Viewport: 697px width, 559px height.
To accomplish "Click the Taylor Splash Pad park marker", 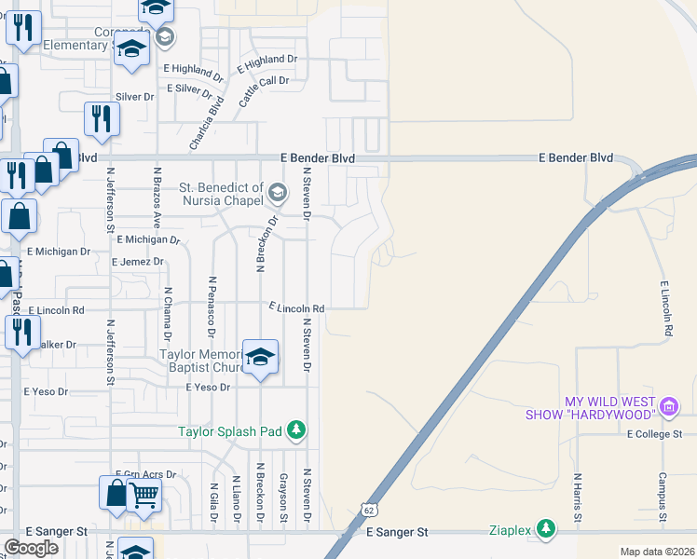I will tap(295, 430).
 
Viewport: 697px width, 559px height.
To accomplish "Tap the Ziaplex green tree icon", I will tap(545, 531).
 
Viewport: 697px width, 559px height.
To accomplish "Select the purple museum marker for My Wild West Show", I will tap(668, 406).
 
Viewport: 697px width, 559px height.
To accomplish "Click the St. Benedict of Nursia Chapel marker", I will tap(277, 194).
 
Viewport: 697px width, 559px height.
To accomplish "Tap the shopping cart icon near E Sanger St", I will tap(143, 496).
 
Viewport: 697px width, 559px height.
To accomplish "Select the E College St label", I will tap(655, 434).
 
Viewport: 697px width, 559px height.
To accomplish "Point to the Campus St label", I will tap(663, 497).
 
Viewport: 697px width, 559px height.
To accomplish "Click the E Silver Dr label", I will tap(189, 89).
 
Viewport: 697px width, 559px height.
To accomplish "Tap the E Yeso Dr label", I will tap(207, 387).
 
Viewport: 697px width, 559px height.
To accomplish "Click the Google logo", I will tap(32, 548).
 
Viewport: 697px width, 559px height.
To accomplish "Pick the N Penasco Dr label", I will tap(212, 306).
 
